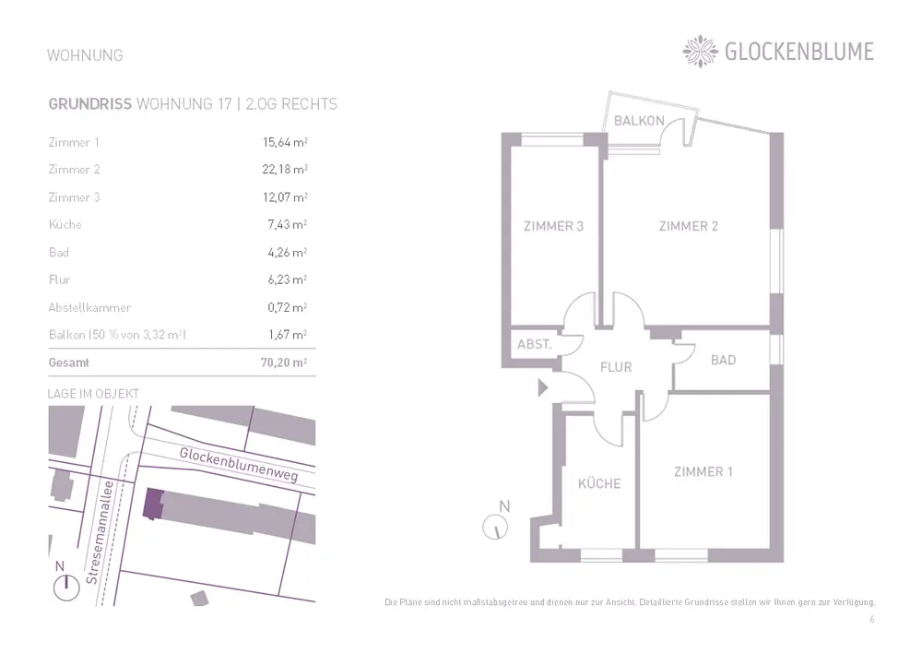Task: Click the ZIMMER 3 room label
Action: [x=553, y=226]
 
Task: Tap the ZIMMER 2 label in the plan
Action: [x=688, y=226]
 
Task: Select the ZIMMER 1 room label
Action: [x=703, y=471]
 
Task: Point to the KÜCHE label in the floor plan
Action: [x=599, y=483]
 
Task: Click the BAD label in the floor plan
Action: [x=723, y=360]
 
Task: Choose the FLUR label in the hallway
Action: [x=616, y=367]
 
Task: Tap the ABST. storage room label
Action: [x=535, y=344]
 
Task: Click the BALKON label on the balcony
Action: [x=639, y=121]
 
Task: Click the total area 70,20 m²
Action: [x=283, y=363]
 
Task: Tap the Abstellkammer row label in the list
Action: [x=89, y=307]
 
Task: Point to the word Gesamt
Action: [x=69, y=363]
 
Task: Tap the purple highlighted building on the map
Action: [x=152, y=504]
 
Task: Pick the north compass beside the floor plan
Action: [x=496, y=527]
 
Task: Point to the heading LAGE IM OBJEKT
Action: [x=93, y=394]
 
